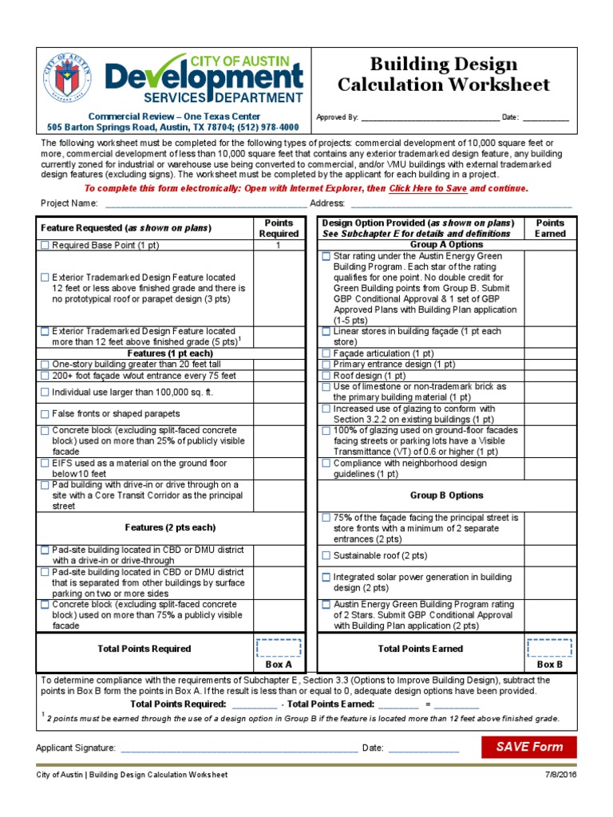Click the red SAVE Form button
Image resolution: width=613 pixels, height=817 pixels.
point(529,747)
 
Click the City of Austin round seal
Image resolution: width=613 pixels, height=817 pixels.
point(68,80)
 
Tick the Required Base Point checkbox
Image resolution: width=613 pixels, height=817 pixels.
point(45,246)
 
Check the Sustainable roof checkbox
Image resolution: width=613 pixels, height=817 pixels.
point(326,555)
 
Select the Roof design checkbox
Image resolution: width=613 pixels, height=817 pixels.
point(326,375)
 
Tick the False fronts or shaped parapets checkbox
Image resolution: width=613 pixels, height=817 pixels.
point(45,413)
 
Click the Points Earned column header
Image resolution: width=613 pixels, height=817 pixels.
point(550,228)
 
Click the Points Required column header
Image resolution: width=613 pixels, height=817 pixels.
point(279,228)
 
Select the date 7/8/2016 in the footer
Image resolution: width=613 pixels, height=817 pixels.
point(562,775)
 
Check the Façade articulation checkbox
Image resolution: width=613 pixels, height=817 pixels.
point(326,353)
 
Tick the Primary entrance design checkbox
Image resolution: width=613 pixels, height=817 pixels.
point(326,364)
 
